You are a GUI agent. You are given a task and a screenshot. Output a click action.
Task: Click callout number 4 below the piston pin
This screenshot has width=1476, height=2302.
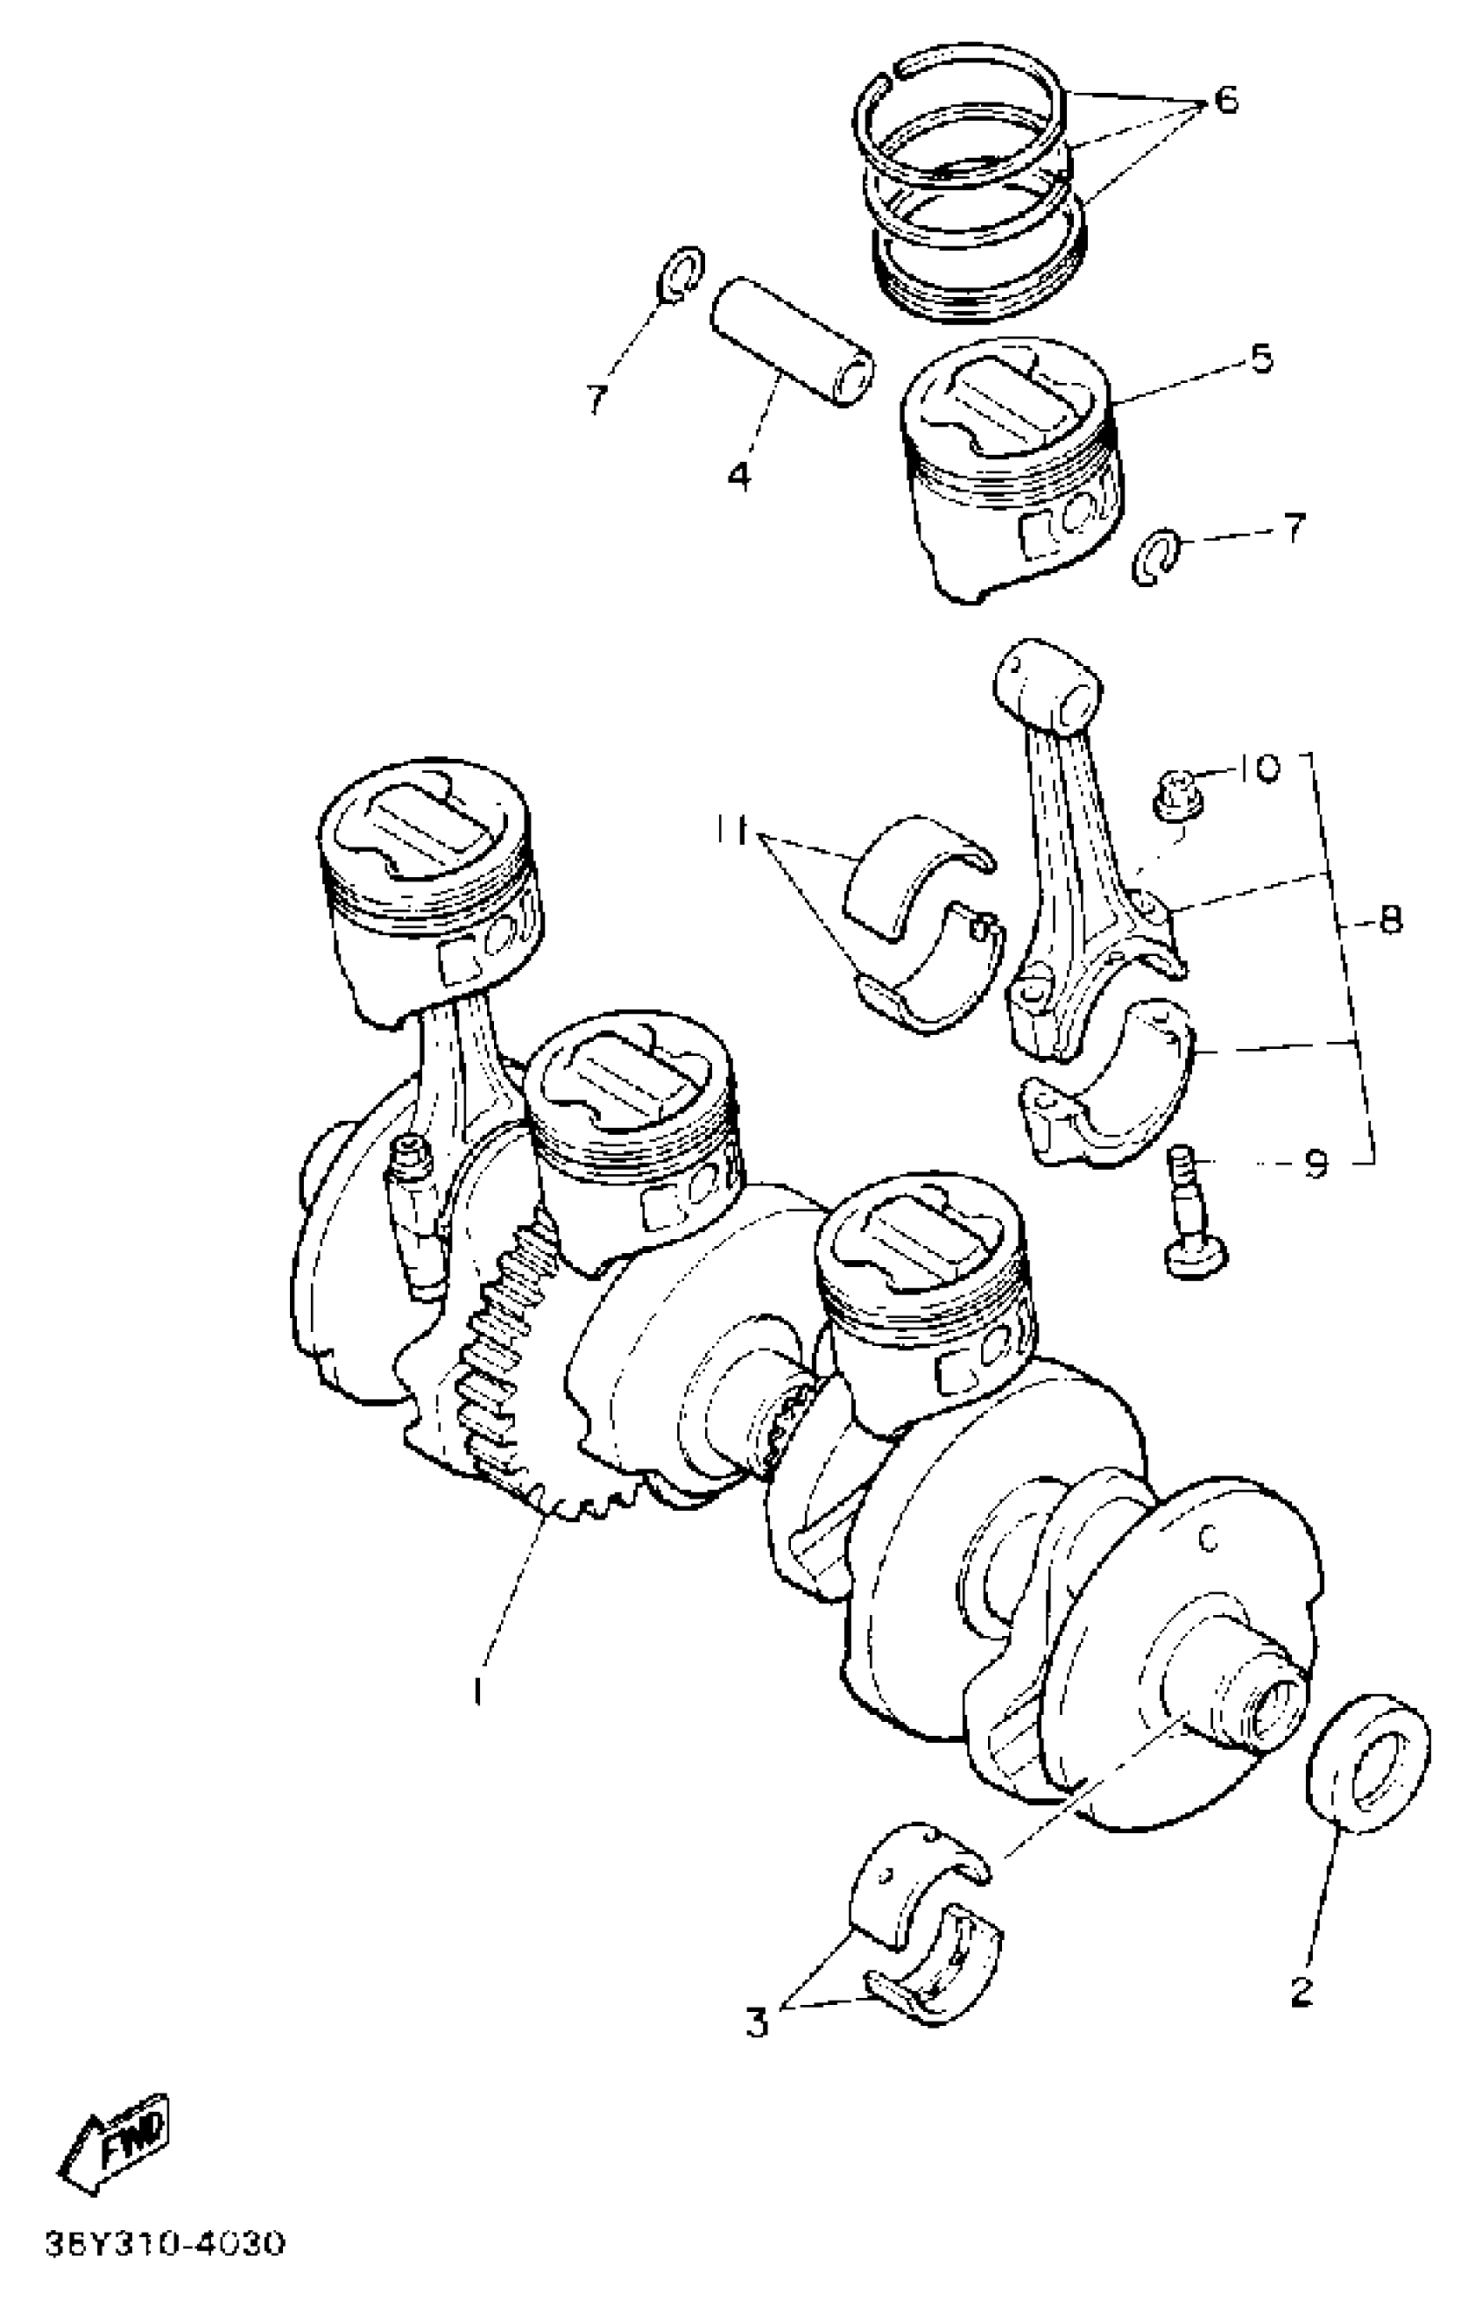(739, 473)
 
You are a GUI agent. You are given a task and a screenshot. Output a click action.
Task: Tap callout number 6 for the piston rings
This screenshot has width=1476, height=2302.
(1226, 99)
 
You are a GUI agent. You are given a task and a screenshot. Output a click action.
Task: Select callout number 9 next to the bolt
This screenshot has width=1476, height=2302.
(1317, 1164)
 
